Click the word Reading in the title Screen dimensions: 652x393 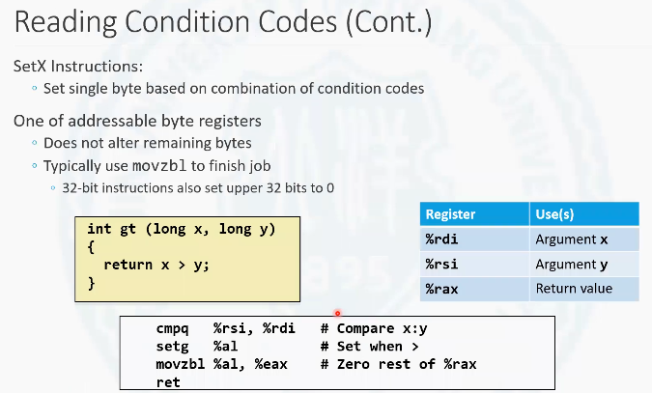66,22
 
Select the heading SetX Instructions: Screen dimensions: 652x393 78,66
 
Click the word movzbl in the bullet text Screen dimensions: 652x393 159,166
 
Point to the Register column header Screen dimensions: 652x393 450,214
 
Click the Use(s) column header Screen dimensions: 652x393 554,214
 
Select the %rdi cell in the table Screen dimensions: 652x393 441,239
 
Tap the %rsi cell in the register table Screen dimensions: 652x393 441,264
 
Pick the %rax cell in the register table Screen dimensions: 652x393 441,289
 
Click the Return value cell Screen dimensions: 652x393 574,288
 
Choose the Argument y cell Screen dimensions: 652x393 572,265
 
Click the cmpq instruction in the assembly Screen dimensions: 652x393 172,329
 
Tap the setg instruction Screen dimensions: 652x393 172,347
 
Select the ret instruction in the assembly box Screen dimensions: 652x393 168,382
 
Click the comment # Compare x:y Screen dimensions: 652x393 374,328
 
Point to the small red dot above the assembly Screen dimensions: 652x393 338,313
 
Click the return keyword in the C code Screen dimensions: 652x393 128,265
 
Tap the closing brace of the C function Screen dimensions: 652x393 92,283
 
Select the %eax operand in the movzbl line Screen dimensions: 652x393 271,364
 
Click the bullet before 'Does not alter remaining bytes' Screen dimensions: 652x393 35,143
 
